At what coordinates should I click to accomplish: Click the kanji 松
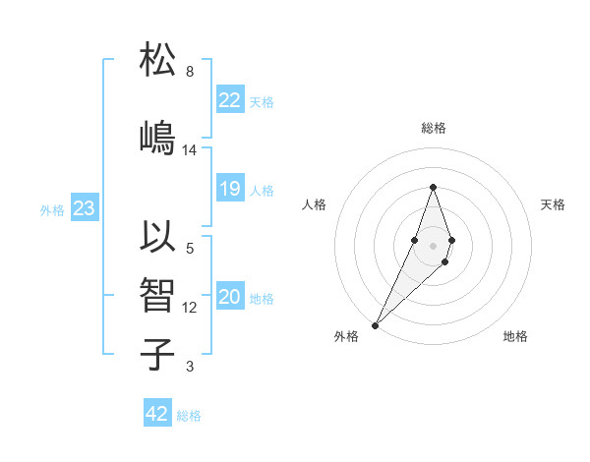158,61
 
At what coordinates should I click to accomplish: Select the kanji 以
158,237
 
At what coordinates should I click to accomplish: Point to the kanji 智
158,296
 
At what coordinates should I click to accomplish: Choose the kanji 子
158,353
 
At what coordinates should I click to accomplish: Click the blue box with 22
230,100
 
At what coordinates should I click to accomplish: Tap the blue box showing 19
230,190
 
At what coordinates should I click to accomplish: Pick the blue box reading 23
84,208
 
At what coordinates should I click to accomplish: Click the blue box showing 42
157,414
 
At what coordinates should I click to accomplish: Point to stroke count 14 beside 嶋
190,150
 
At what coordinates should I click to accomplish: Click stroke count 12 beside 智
190,308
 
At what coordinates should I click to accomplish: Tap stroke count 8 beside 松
190,72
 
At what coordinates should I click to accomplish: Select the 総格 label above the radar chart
433,128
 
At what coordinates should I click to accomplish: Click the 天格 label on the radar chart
553,204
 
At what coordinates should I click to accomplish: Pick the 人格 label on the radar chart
314,204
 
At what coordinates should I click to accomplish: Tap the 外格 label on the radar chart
345,336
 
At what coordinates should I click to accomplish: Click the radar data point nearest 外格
375,324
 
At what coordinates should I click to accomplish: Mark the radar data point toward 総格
433,186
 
